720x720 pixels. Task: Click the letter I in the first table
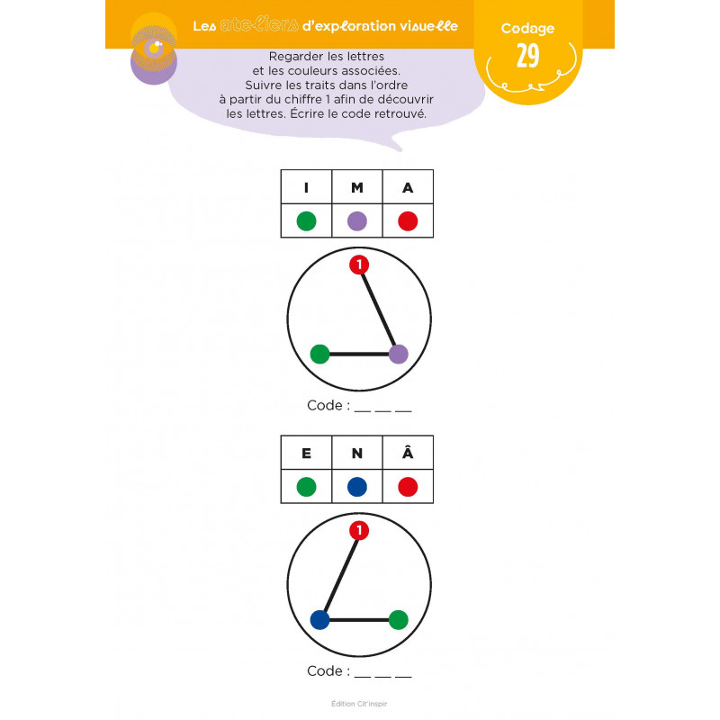pyautogui.click(x=306, y=187)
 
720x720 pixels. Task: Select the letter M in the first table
pyautogui.click(x=356, y=187)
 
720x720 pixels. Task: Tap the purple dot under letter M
pyautogui.click(x=356, y=220)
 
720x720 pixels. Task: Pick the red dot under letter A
pyautogui.click(x=408, y=220)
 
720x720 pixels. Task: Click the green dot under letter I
pyautogui.click(x=306, y=220)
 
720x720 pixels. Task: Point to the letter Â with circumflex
pyautogui.click(x=408, y=453)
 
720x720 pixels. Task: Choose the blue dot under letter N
pyautogui.click(x=356, y=487)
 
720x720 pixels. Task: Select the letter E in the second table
pyautogui.click(x=306, y=454)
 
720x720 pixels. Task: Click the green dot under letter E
pyautogui.click(x=306, y=487)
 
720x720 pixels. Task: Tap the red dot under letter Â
pyautogui.click(x=408, y=487)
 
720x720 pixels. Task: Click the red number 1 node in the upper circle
pyautogui.click(x=359, y=265)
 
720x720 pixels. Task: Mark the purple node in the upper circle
pyautogui.click(x=398, y=354)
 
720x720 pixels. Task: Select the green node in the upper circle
pyautogui.click(x=319, y=354)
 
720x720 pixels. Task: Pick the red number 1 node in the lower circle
pyautogui.click(x=359, y=530)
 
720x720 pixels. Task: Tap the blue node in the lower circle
pyautogui.click(x=319, y=620)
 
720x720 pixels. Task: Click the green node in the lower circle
pyautogui.click(x=398, y=620)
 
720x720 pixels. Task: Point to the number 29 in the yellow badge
pyautogui.click(x=527, y=56)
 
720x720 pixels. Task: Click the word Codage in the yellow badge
pyautogui.click(x=527, y=29)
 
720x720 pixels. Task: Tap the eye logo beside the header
pyautogui.click(x=154, y=49)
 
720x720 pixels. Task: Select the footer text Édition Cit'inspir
pyautogui.click(x=359, y=704)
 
